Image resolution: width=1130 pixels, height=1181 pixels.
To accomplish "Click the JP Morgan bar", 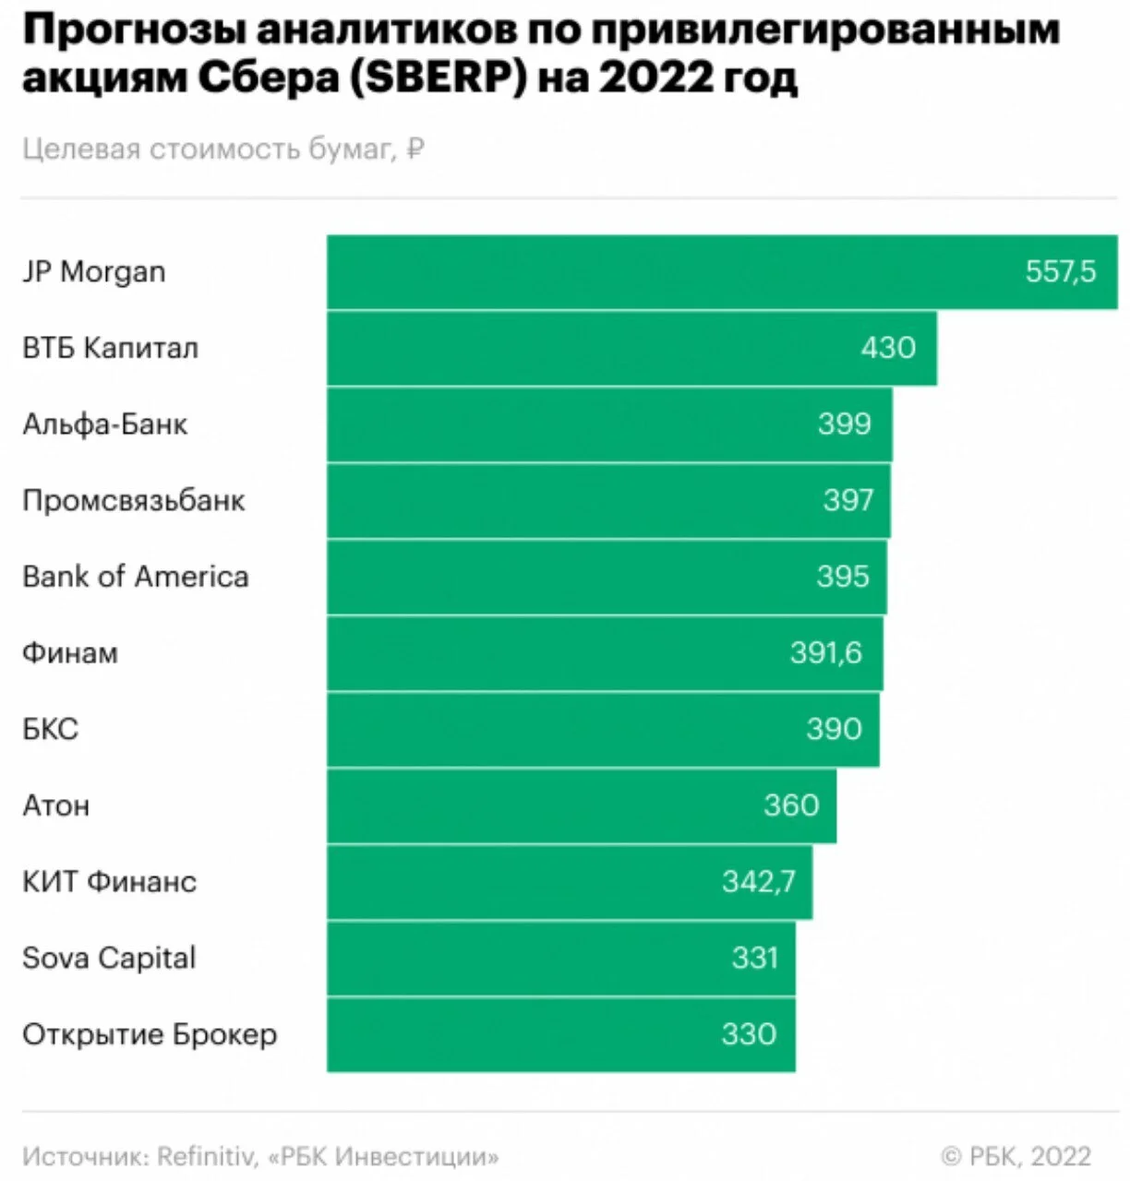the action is [722, 272].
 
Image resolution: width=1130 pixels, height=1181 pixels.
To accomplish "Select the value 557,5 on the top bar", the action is [1061, 271].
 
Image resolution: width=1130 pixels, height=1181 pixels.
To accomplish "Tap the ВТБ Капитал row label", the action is [111, 349].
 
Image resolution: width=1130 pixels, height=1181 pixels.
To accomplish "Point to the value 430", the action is [888, 348].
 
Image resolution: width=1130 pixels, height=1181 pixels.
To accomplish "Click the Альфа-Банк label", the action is [105, 424].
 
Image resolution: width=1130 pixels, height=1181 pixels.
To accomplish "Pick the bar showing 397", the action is [608, 501].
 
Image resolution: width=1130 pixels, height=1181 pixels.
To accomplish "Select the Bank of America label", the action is [136, 577].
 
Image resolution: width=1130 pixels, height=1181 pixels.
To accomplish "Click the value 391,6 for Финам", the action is [825, 653].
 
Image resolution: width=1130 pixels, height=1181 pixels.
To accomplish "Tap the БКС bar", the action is [603, 730].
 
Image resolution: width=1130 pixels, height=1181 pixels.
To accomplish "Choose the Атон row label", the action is [56, 806].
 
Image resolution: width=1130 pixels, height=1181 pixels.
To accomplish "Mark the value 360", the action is [791, 805].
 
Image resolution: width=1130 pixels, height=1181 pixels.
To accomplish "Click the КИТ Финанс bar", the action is [570, 882].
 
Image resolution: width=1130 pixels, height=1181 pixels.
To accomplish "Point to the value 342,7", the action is [758, 882].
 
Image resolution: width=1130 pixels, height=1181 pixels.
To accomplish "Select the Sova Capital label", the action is [109, 959].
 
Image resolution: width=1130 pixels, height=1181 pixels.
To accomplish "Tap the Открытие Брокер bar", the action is [561, 1034].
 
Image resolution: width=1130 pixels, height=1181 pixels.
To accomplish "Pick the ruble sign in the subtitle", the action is [415, 148].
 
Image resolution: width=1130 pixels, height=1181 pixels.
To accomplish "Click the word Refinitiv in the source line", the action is [204, 1156].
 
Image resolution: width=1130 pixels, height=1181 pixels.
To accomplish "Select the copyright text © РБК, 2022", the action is [1016, 1156].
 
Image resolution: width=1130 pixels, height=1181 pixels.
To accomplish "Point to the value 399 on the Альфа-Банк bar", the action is [845, 423].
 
